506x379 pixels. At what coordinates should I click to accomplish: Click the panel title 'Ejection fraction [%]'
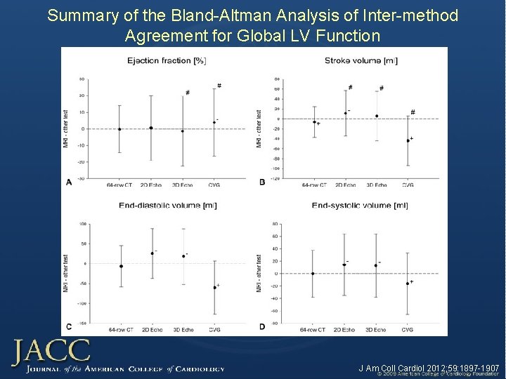pyautogui.click(x=166, y=60)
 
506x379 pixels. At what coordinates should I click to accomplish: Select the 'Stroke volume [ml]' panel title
pyautogui.click(x=361, y=60)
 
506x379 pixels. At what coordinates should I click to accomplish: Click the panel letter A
pyautogui.click(x=68, y=182)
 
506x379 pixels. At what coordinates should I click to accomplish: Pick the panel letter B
pyautogui.click(x=262, y=182)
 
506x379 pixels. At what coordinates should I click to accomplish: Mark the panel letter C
pyautogui.click(x=68, y=326)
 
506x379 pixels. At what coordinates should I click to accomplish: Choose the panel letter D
pyautogui.click(x=262, y=326)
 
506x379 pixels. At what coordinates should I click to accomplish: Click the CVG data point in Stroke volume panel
pyautogui.click(x=408, y=140)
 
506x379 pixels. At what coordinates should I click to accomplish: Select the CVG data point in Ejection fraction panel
pyautogui.click(x=214, y=123)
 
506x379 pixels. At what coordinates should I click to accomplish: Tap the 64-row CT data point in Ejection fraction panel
pyautogui.click(x=119, y=129)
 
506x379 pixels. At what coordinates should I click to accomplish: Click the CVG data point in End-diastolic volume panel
pyautogui.click(x=214, y=288)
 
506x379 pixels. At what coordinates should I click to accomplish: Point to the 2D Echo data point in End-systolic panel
pyautogui.click(x=344, y=265)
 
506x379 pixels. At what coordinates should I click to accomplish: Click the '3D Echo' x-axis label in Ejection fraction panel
pyautogui.click(x=182, y=185)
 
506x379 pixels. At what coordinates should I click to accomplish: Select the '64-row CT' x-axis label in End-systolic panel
pyautogui.click(x=313, y=329)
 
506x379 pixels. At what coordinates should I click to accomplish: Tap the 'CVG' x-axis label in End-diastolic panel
pyautogui.click(x=214, y=329)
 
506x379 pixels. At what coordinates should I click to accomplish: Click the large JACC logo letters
pyautogui.click(x=51, y=352)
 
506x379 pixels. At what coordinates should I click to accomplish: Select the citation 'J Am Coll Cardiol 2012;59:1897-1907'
pyautogui.click(x=429, y=368)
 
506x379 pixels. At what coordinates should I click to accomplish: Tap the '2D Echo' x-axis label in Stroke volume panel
pyautogui.click(x=344, y=185)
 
